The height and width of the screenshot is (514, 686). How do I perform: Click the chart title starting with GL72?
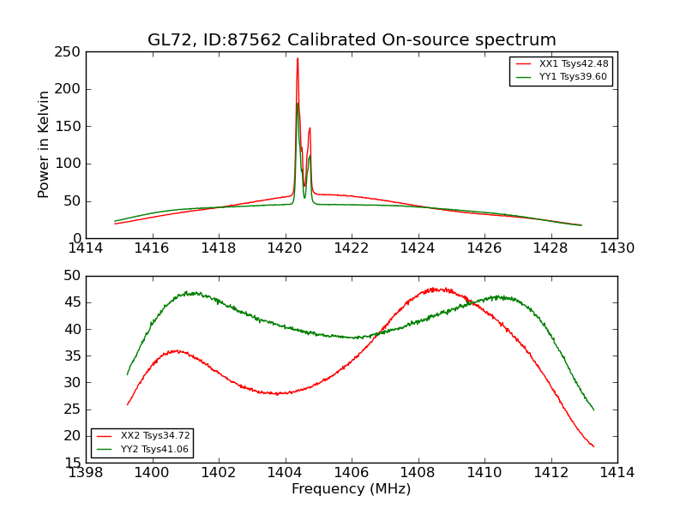click(352, 40)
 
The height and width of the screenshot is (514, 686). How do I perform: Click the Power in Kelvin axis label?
click(44, 144)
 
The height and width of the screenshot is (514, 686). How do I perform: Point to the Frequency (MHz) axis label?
click(352, 489)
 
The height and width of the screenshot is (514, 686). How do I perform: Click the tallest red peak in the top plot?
click(298, 59)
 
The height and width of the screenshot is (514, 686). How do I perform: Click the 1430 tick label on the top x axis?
click(617, 248)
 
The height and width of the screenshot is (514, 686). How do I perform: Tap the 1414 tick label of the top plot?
click(86, 248)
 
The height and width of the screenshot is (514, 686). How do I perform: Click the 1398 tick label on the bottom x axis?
click(86, 472)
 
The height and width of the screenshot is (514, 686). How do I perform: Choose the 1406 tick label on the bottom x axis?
click(352, 472)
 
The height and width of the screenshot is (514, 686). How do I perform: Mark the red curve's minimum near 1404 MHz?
click(278, 393)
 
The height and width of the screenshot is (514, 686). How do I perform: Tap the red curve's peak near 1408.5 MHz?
click(436, 289)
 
